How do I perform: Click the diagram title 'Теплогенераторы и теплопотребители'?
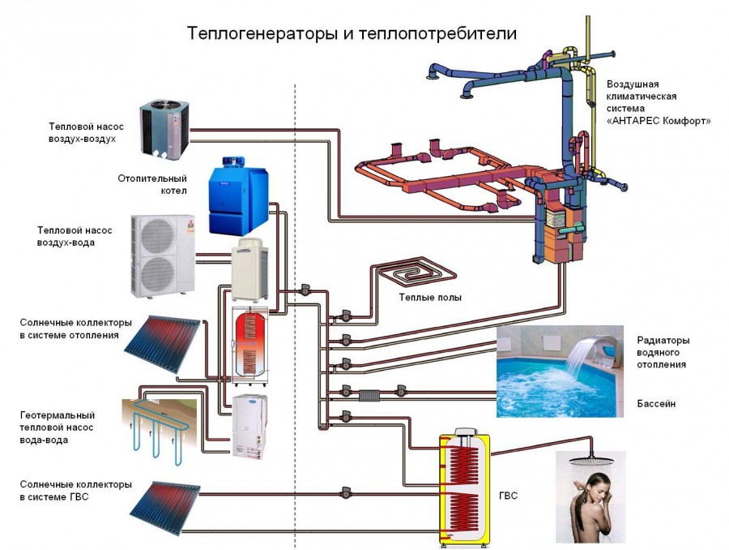click(x=352, y=33)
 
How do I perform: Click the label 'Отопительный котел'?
click(x=162, y=184)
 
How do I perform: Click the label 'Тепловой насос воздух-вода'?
click(x=75, y=236)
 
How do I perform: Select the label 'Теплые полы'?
click(x=430, y=298)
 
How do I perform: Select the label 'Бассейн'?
click(x=656, y=403)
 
